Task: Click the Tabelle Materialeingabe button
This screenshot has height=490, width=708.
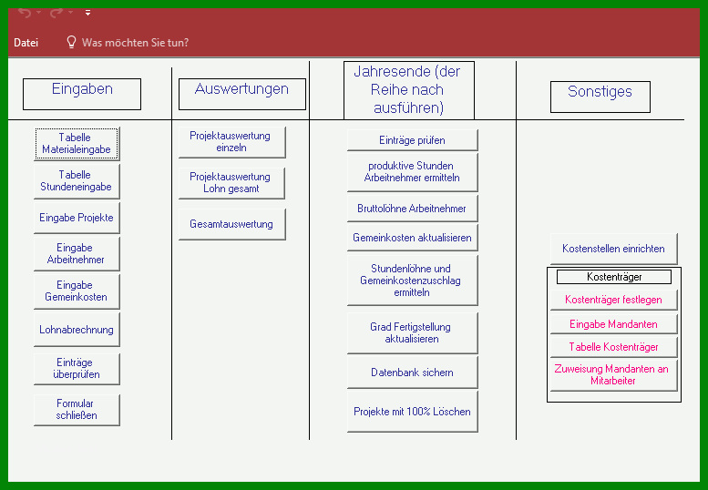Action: tap(77, 144)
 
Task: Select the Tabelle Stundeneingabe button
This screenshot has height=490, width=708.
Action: tap(77, 181)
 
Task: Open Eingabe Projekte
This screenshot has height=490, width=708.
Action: tap(77, 218)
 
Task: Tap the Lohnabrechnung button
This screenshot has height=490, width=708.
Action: tap(77, 330)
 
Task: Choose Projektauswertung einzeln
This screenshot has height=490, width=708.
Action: tap(232, 142)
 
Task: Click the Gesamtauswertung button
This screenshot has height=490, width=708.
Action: tap(232, 224)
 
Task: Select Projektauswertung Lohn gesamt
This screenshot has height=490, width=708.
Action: tap(231, 183)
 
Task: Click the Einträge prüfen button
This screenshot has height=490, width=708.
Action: tap(412, 140)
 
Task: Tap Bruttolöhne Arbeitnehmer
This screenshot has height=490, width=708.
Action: tap(412, 209)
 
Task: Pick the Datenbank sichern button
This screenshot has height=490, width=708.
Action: tap(412, 373)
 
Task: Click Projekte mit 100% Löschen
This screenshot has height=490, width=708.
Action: tap(412, 412)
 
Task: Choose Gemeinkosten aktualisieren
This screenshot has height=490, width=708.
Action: tap(412, 238)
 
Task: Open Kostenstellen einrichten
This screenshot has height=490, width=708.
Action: tap(613, 249)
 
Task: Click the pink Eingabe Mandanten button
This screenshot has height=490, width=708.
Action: tap(613, 324)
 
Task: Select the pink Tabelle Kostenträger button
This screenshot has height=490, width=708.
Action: tap(613, 346)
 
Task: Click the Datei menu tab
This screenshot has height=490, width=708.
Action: tap(26, 43)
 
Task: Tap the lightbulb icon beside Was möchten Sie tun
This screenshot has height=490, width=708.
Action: tap(71, 42)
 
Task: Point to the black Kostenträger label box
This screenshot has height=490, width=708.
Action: tap(614, 277)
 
